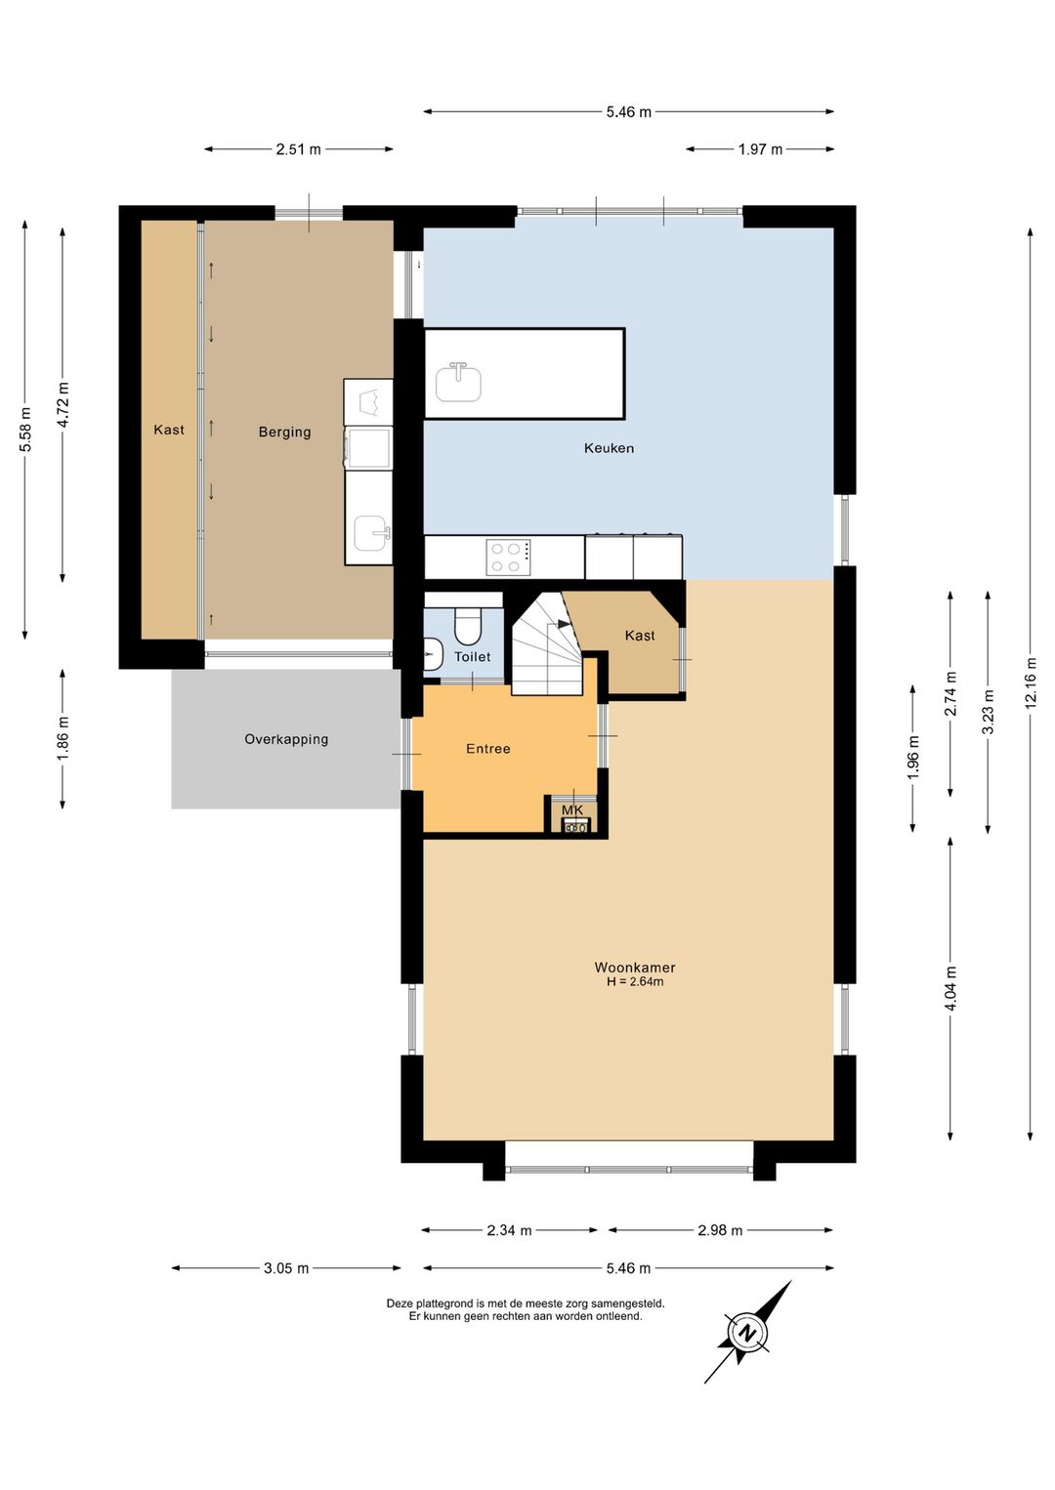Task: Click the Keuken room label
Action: click(609, 447)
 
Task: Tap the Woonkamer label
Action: click(634, 968)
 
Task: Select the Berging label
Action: click(284, 433)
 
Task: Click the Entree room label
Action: click(487, 748)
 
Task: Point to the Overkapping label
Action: click(286, 739)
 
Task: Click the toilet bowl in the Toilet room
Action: click(467, 626)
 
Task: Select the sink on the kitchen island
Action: click(458, 382)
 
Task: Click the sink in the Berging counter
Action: click(371, 533)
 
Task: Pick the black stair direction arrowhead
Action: click(564, 624)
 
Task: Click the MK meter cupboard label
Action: click(571, 810)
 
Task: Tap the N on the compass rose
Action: click(747, 1333)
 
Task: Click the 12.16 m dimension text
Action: click(1032, 683)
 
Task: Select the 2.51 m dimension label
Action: click(298, 149)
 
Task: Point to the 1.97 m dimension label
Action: click(760, 149)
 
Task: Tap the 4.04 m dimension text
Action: click(950, 988)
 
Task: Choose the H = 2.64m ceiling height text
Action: click(635, 982)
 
